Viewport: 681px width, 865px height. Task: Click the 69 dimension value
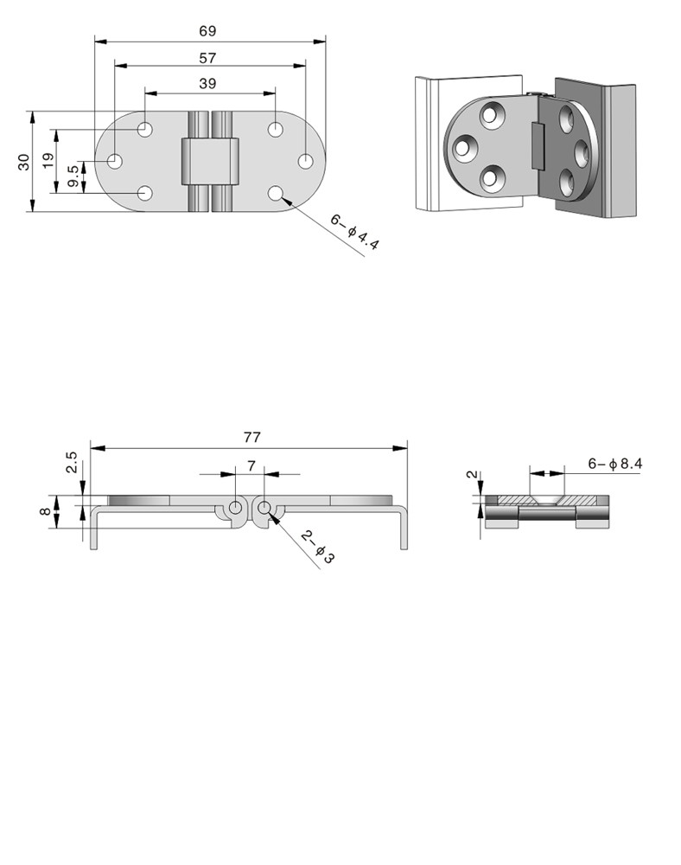(x=207, y=31)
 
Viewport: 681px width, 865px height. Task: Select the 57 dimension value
(x=207, y=58)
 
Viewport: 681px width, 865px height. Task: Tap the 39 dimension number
(x=207, y=83)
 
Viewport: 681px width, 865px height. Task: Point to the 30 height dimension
(x=23, y=162)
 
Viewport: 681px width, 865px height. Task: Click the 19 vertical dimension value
(x=48, y=161)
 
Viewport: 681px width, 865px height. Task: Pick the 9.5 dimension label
(x=73, y=176)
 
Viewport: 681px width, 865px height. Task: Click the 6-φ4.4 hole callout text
(x=355, y=232)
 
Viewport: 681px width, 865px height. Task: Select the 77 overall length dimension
(x=251, y=438)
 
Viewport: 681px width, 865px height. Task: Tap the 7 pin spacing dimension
(x=251, y=466)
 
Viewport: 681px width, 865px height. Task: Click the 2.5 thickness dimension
(x=72, y=462)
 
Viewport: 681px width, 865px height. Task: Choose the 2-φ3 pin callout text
(x=318, y=547)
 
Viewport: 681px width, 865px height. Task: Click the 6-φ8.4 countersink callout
(x=614, y=464)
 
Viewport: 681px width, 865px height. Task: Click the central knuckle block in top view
(x=210, y=162)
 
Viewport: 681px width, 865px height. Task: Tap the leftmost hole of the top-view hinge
(x=115, y=162)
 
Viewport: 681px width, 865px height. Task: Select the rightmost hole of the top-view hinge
(x=305, y=162)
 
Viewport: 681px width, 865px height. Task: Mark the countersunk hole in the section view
(x=546, y=500)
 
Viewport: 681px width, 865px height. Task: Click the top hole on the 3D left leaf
(x=492, y=115)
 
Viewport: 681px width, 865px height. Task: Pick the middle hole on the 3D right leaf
(x=582, y=154)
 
